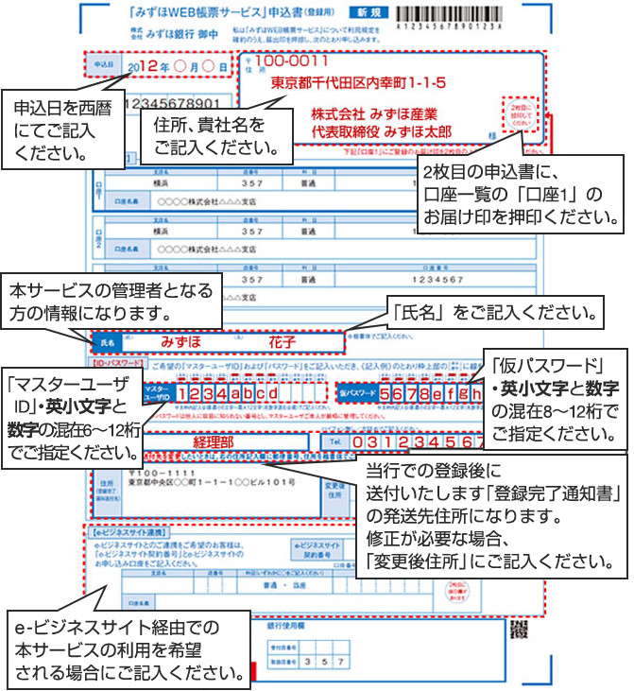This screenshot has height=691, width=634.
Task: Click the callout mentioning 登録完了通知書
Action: pyautogui.click(x=491, y=520)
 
